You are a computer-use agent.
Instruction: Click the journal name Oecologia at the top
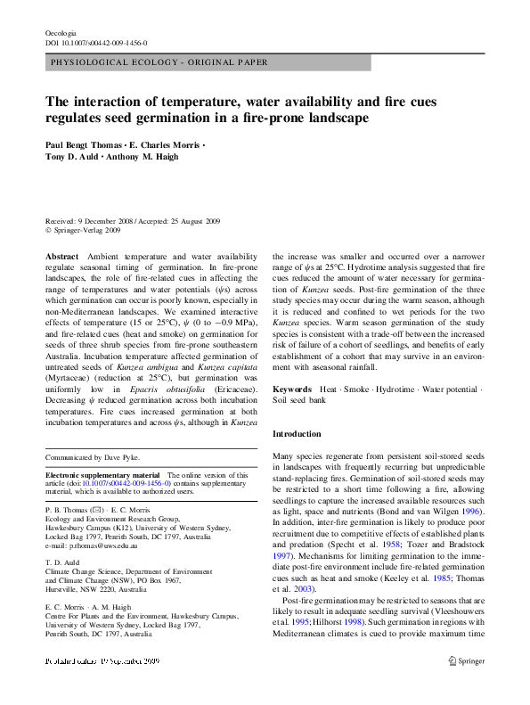pos(61,32)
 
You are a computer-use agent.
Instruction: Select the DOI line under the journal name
pos(96,43)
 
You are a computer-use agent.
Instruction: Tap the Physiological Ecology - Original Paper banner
pos(159,63)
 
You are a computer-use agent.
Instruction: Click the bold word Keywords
pos(292,389)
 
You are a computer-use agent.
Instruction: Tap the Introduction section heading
pos(297,434)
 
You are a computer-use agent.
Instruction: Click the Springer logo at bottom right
pos(467,686)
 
